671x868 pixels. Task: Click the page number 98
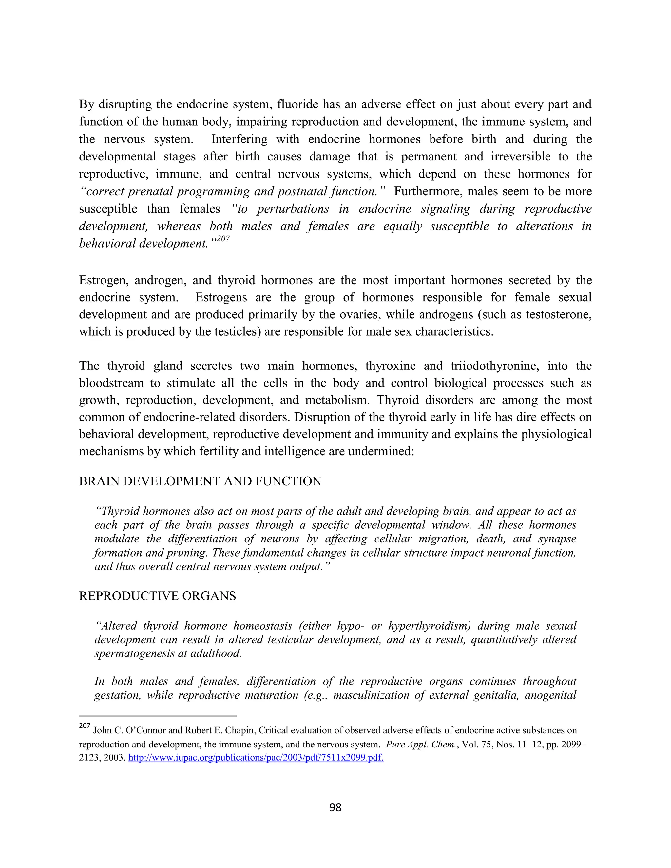[x=335, y=807]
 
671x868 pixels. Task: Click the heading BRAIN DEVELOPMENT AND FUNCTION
[x=200, y=481]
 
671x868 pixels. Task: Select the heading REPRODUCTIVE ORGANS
[x=157, y=596]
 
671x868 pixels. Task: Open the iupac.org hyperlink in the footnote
[x=256, y=758]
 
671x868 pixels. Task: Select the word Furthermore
[x=427, y=191]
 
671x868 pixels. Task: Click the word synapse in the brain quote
[x=557, y=539]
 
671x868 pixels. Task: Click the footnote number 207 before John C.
[x=85, y=726]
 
